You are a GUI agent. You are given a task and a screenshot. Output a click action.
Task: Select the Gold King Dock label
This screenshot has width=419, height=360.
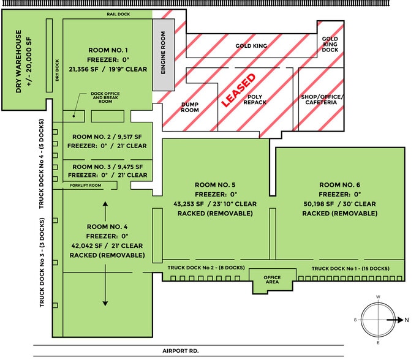coord(330,44)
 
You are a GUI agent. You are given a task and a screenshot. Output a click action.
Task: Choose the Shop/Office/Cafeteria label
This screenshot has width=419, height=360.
coord(322,100)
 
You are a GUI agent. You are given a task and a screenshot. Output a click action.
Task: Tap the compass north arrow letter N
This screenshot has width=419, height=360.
coord(405,320)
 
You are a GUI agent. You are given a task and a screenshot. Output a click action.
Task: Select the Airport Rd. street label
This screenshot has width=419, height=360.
coord(181,351)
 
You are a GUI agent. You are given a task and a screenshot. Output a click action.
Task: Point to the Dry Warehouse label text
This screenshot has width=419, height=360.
coord(22,61)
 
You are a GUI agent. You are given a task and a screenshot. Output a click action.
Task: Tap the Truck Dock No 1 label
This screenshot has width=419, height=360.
coord(350,268)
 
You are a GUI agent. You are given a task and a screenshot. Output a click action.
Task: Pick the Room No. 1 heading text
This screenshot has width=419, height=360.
coord(108,49)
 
